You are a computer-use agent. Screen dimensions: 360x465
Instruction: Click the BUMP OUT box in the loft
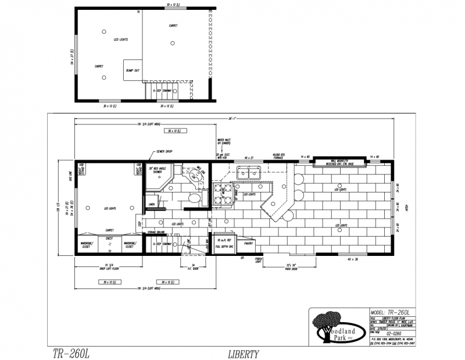133,70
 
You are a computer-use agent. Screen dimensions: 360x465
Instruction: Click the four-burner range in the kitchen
221,195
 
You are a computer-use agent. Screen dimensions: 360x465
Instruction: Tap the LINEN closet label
151,205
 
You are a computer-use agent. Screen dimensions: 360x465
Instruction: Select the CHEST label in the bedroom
109,238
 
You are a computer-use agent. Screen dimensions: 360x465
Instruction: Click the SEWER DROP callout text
164,151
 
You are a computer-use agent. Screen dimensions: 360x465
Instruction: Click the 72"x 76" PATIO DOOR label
289,266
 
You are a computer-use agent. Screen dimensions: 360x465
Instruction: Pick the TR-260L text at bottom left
69,353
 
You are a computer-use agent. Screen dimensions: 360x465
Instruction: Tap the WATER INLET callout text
224,141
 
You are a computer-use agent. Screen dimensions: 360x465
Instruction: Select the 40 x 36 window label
352,258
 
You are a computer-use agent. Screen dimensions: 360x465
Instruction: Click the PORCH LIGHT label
259,261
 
